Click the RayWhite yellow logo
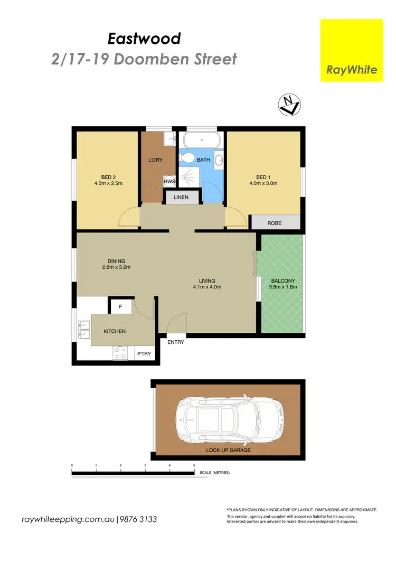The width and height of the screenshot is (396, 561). (x=352, y=50)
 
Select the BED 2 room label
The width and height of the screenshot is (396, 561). (x=112, y=180)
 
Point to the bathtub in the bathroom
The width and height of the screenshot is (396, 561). (x=201, y=141)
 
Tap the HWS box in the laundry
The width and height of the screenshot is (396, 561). (x=169, y=181)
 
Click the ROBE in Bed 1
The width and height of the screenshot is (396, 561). (x=275, y=223)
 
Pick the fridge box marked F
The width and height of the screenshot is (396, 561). (x=120, y=306)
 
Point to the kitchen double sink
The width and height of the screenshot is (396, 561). (x=83, y=329)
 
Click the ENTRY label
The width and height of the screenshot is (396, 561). (x=175, y=342)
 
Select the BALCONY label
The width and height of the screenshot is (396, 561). (x=284, y=284)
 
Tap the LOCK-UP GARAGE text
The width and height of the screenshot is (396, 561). (x=229, y=450)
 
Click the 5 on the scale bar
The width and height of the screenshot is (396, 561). (x=194, y=465)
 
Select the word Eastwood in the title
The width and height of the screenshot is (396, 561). (x=144, y=39)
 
